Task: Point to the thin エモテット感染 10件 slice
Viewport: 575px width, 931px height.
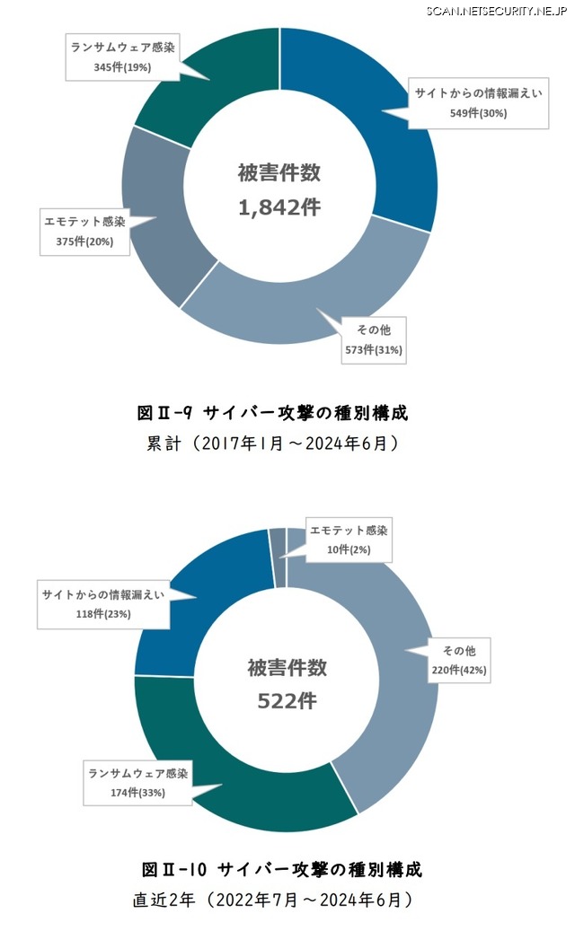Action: click(278, 558)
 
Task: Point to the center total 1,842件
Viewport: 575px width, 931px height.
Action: click(279, 206)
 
